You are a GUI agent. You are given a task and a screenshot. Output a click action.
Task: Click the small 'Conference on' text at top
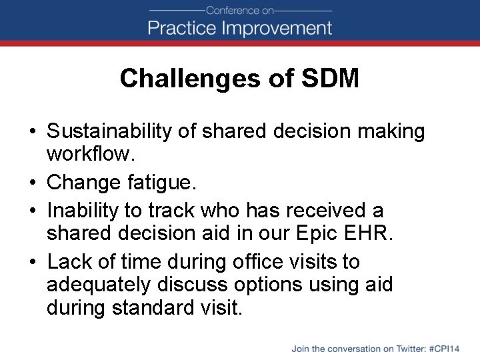[x=240, y=10]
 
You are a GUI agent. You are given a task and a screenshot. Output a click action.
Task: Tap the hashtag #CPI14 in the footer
[x=445, y=348]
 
